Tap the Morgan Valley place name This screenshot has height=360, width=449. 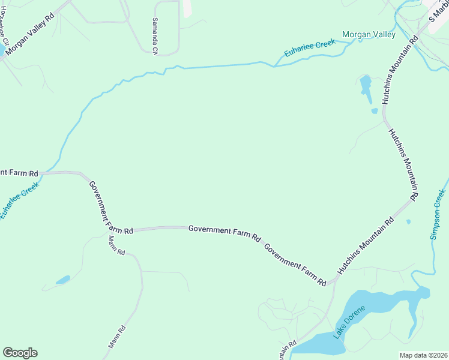(369, 35)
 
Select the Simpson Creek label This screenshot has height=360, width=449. (438, 214)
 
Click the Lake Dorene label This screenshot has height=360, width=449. (349, 323)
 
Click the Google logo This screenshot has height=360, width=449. (20, 353)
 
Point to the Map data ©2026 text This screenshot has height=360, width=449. (423, 355)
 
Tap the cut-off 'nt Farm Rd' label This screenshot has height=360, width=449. (18, 173)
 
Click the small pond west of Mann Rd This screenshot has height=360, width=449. (62, 280)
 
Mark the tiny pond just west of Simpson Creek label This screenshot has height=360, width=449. (408, 222)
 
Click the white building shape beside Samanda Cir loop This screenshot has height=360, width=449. (187, 8)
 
